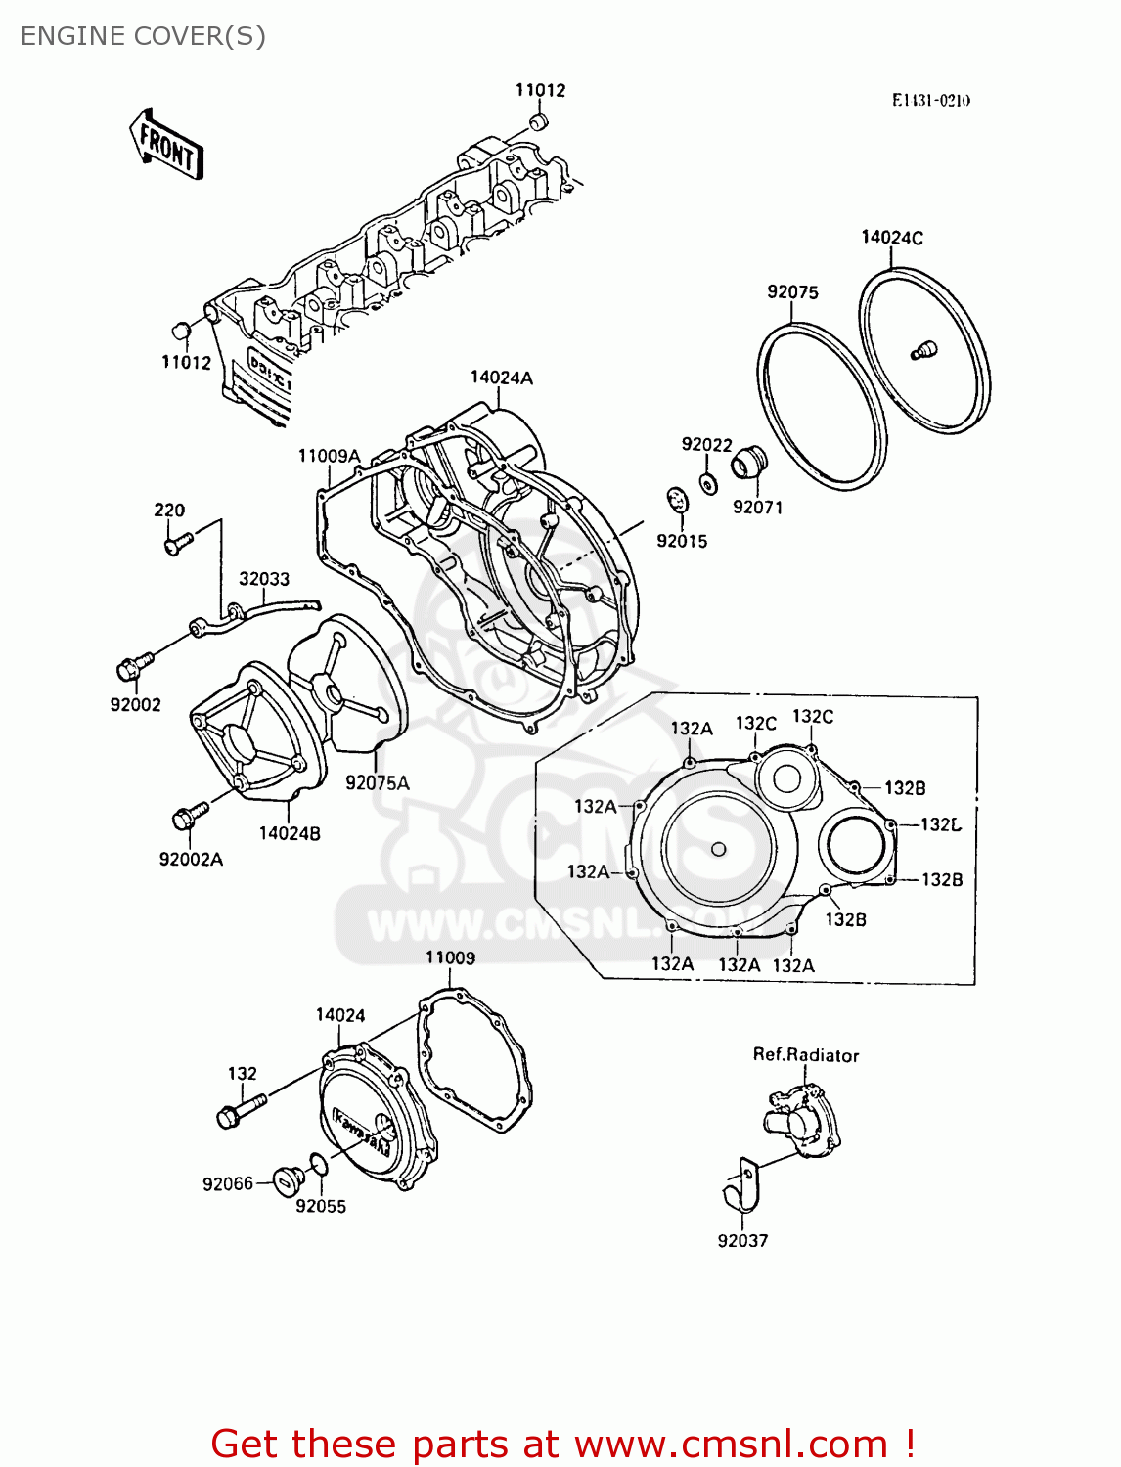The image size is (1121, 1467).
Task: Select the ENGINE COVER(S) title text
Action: tap(143, 36)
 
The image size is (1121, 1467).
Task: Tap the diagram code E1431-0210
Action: tap(930, 101)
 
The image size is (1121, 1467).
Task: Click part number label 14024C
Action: tap(891, 238)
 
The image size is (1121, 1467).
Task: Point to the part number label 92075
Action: tap(792, 292)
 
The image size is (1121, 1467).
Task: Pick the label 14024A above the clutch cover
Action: tap(501, 378)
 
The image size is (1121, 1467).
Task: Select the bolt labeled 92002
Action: tap(132, 667)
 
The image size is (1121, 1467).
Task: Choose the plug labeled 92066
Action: tap(285, 1180)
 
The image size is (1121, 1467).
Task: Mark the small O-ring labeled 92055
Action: tap(318, 1164)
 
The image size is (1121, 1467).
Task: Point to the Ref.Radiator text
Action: tap(805, 1055)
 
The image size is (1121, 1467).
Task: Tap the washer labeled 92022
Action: tap(709, 483)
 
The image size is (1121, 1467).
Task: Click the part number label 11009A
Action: tap(329, 457)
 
